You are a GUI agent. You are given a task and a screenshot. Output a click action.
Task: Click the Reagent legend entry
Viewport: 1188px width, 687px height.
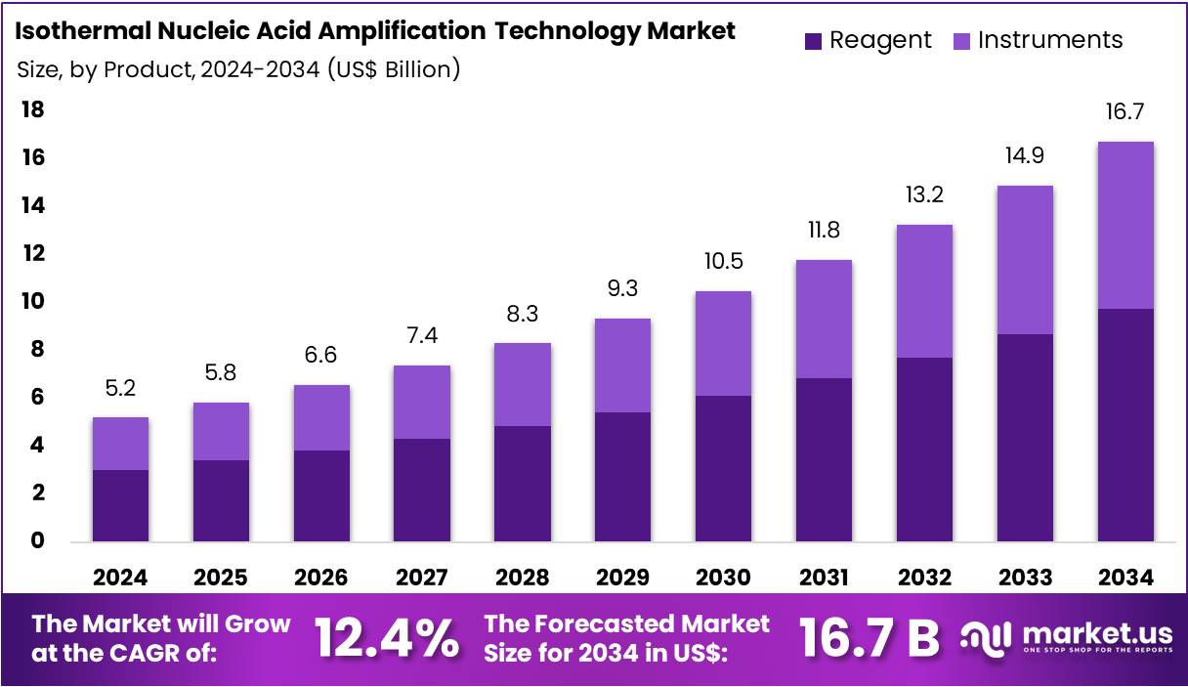pos(868,40)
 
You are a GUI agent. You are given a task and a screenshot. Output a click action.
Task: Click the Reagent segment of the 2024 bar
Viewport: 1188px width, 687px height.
pos(120,505)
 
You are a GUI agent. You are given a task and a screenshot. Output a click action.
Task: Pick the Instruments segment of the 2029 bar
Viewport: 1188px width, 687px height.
pos(622,365)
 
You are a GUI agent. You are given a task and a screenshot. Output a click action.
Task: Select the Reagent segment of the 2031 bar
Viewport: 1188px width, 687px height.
pos(824,459)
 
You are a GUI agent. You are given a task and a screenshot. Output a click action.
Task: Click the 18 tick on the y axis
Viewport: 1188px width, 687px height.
pos(33,109)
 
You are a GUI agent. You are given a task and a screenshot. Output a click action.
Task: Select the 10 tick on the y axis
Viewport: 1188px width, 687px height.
pos(33,301)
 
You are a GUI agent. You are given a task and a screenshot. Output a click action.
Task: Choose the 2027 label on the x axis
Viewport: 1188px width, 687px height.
pos(421,578)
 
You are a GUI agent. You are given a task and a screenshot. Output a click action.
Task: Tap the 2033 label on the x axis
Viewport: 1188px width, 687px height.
pos(1024,578)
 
